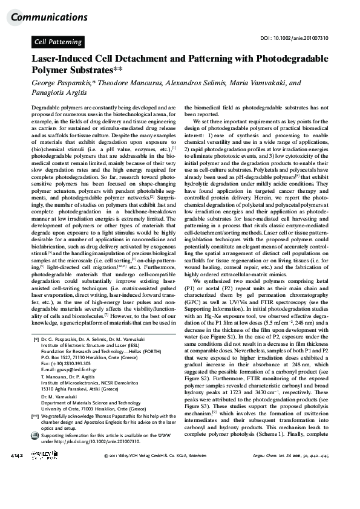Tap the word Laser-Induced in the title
point(62,60)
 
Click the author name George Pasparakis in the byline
point(62,83)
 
